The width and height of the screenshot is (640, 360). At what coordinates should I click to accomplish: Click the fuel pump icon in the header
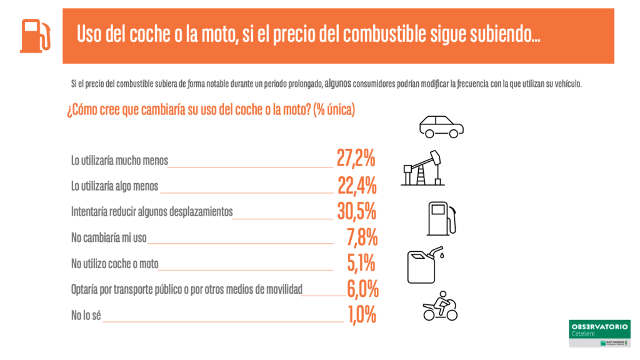point(34,36)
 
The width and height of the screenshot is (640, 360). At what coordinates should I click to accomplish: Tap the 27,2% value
point(356,159)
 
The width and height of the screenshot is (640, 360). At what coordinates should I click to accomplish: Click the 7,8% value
point(362,237)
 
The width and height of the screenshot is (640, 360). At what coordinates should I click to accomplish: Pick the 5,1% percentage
point(361,263)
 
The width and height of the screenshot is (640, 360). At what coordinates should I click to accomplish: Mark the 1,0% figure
point(362,315)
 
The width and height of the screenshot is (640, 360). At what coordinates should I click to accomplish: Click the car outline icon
point(441,126)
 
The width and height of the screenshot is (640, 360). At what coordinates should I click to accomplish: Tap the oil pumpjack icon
point(422,167)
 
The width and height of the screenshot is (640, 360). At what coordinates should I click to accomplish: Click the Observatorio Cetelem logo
point(599,334)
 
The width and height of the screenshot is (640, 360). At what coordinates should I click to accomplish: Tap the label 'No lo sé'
point(86,316)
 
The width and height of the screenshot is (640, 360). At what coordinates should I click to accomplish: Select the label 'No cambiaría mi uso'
point(109,238)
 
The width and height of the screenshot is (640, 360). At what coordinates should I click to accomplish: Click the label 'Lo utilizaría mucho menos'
point(119,161)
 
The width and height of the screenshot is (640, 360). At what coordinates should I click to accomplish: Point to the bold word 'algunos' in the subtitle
point(337,84)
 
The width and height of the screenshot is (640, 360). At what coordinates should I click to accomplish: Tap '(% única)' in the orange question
point(334,110)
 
